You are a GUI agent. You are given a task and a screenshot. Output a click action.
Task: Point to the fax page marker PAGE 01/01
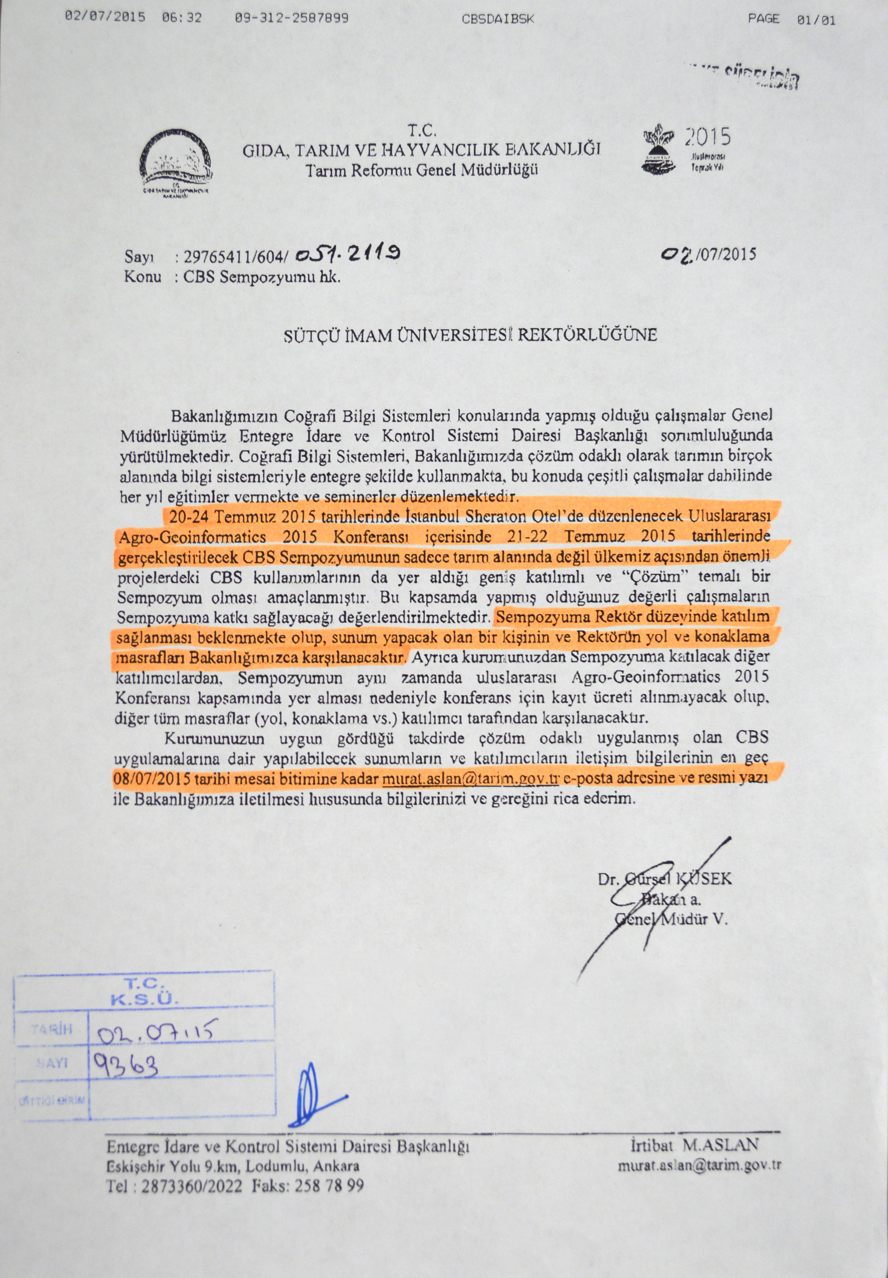pyautogui.click(x=791, y=19)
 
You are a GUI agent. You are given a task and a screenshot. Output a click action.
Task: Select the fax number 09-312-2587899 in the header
pyautogui.click(x=292, y=18)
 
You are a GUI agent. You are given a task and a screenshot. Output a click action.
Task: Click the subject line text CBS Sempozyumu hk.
pyautogui.click(x=261, y=277)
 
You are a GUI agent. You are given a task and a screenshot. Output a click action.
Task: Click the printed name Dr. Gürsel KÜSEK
pyautogui.click(x=664, y=880)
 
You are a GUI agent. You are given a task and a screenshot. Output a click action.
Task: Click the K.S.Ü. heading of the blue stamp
pyautogui.click(x=144, y=1000)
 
